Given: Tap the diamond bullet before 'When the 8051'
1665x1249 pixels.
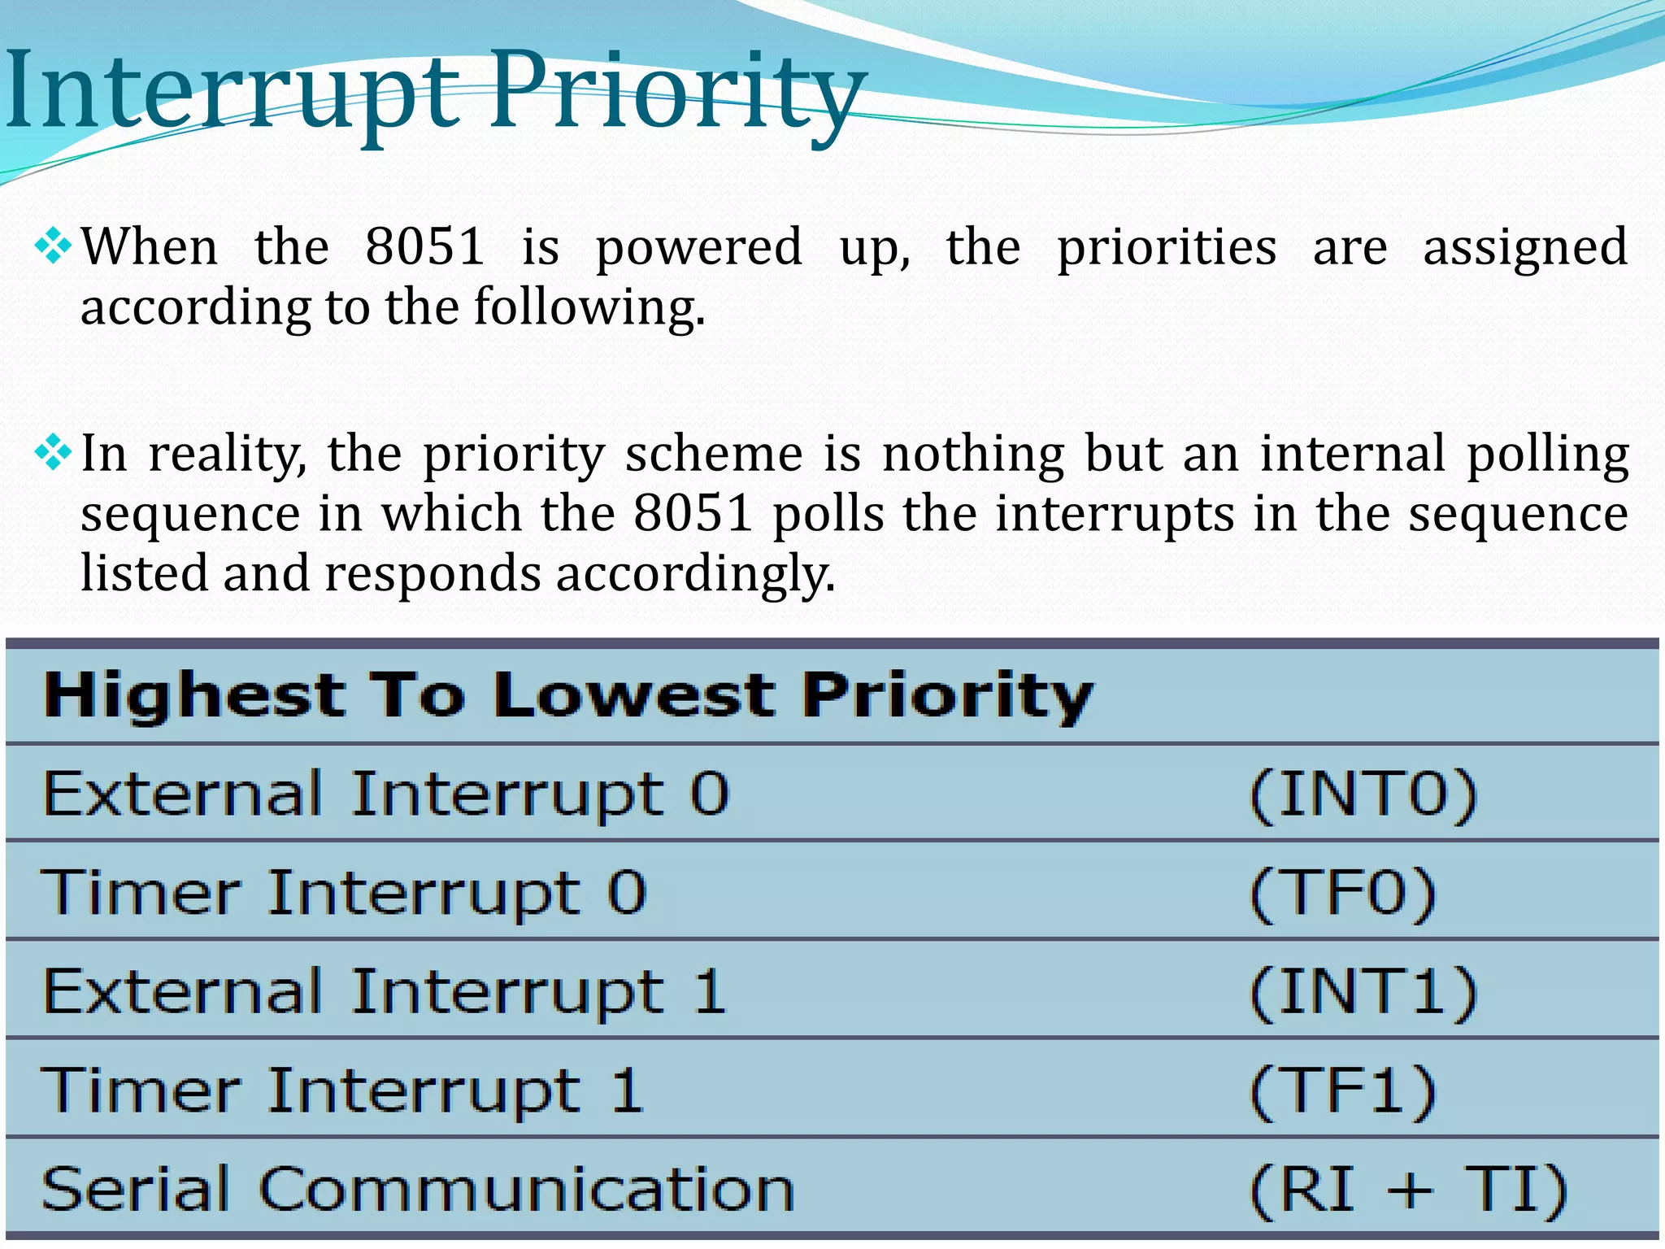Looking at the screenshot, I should [x=53, y=246].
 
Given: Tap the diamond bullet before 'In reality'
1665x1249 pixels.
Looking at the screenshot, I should [x=53, y=453].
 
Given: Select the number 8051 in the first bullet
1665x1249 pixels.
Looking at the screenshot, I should [x=425, y=246].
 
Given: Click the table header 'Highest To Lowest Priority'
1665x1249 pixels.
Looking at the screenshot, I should [x=568, y=696].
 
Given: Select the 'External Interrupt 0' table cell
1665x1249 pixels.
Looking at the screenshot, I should [x=386, y=794].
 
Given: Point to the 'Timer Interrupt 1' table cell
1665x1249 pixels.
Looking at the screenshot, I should [x=342, y=1090].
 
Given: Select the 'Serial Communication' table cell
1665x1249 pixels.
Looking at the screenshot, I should [x=418, y=1189].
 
